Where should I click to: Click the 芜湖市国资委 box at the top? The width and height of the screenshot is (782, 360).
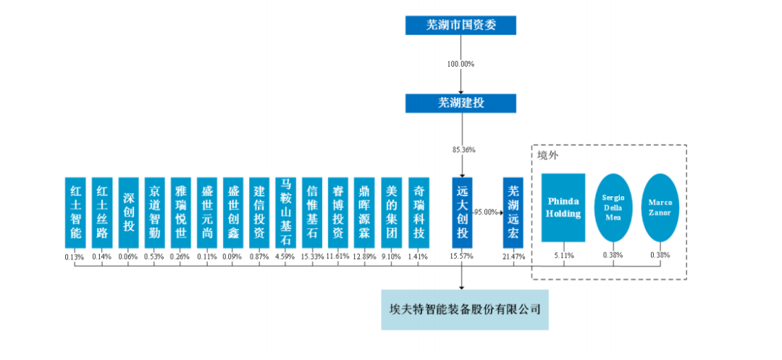pos(461,25)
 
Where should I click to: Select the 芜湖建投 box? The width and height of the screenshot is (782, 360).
pos(461,103)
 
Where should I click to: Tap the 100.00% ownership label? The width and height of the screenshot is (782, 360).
pos(461,64)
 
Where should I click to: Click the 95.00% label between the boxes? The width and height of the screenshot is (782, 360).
pos(487,212)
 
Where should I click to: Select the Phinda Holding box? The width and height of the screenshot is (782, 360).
pos(563,208)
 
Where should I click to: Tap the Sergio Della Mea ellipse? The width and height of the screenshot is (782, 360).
pos(613,208)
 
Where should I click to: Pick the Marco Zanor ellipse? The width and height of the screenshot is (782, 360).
pos(660,208)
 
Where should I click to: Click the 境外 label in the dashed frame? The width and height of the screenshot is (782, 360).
pos(547,155)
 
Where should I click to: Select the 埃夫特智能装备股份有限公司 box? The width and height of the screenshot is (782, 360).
pos(461,309)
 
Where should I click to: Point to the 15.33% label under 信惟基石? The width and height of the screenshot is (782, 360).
pos(312,256)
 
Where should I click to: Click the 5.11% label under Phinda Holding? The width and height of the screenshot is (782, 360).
pos(563,255)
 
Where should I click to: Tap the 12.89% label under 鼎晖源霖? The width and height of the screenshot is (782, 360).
pos(364,256)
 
